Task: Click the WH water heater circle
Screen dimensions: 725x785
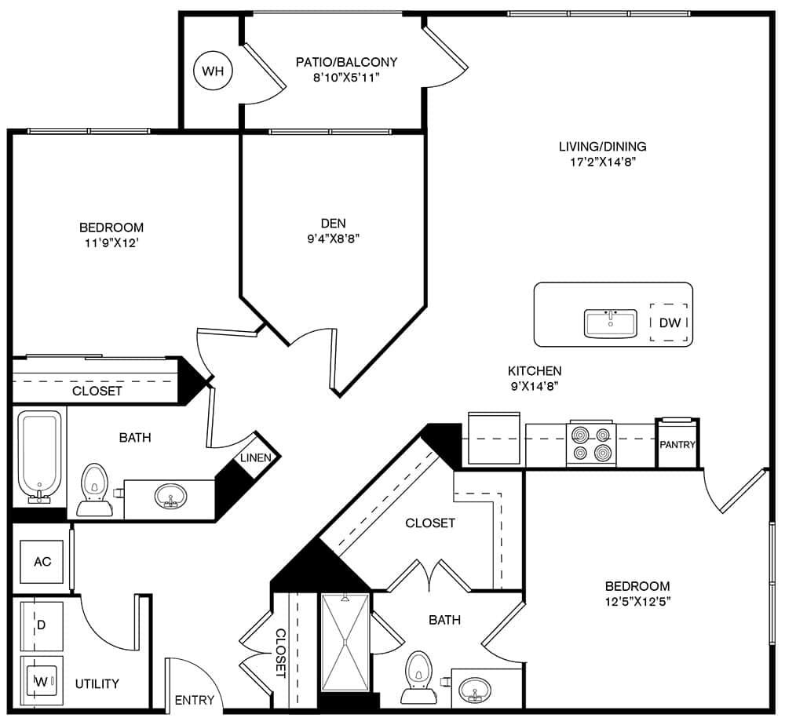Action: (x=213, y=71)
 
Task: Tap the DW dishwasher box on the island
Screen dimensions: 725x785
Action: (x=670, y=322)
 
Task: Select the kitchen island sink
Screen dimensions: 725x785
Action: (x=611, y=323)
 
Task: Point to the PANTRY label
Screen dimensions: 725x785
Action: (x=677, y=444)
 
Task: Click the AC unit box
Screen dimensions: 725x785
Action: (x=42, y=562)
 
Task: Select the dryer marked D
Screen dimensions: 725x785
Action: (x=42, y=625)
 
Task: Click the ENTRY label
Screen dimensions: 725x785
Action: (x=194, y=700)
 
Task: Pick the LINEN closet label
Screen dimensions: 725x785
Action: (x=256, y=457)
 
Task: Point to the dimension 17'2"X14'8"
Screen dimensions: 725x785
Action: (x=602, y=162)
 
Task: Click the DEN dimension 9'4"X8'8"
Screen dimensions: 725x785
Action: (x=333, y=239)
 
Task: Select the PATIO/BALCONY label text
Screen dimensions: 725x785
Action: (x=346, y=62)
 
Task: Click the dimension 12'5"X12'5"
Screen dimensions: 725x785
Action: (x=637, y=602)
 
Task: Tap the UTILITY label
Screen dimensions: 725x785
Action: (x=97, y=683)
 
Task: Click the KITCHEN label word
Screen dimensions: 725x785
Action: (x=535, y=370)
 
